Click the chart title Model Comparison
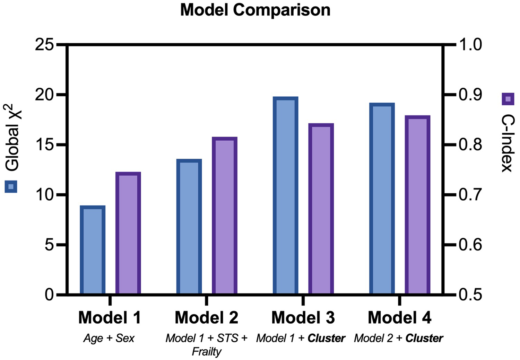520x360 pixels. click(x=255, y=10)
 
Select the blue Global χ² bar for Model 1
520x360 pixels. click(x=93, y=250)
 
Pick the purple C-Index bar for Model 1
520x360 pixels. click(x=128, y=233)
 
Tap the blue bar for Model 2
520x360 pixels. click(x=189, y=227)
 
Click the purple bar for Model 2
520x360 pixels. click(x=225, y=216)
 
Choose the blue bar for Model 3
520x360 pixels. click(x=285, y=196)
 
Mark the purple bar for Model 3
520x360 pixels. click(x=321, y=209)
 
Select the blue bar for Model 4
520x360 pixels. click(x=382, y=199)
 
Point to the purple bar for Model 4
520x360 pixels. click(x=417, y=205)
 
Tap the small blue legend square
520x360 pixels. click(x=11, y=187)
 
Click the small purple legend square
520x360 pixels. click(x=508, y=99)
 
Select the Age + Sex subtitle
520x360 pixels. click(x=109, y=338)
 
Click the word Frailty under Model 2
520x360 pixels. click(x=207, y=352)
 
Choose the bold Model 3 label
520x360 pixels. click(x=303, y=318)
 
